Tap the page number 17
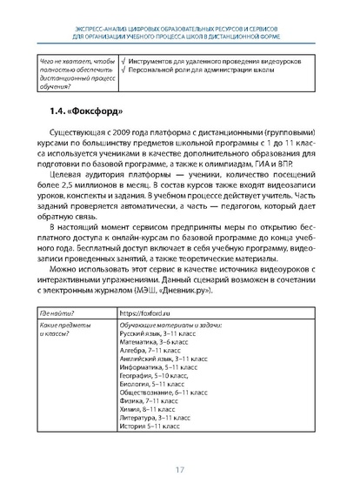click(180, 470)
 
